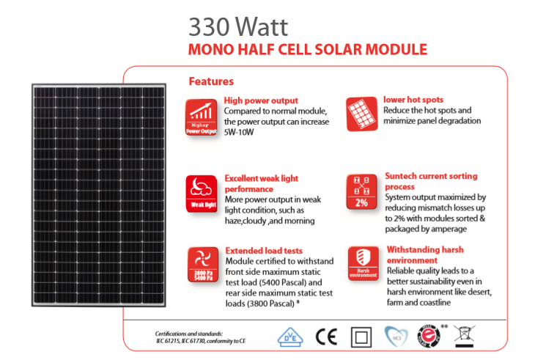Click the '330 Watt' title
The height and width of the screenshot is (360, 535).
click(x=238, y=26)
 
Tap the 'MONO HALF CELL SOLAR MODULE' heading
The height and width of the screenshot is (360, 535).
click(x=307, y=50)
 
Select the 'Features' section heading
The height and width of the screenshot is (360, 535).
click(x=211, y=81)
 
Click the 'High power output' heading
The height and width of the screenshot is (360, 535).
click(x=261, y=100)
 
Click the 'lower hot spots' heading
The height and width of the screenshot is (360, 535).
click(x=413, y=100)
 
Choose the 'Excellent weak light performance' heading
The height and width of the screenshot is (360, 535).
click(x=261, y=183)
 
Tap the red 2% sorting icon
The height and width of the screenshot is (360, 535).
click(x=361, y=192)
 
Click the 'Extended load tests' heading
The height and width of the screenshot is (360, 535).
click(x=263, y=250)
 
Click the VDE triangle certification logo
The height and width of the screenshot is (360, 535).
click(x=289, y=337)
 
